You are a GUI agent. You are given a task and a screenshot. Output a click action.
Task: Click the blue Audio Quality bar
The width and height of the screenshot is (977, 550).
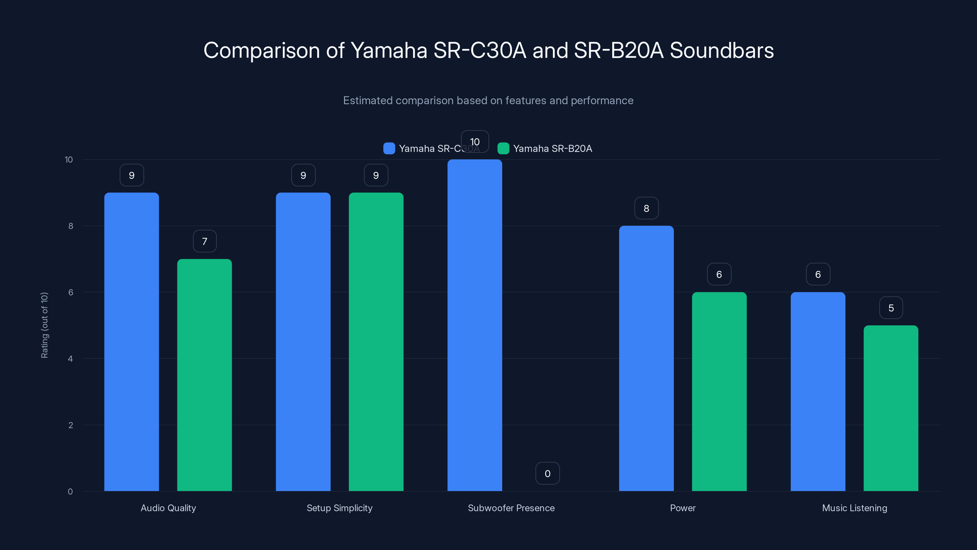tap(132, 342)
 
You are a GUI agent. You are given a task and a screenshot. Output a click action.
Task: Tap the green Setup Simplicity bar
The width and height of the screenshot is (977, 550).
tap(376, 342)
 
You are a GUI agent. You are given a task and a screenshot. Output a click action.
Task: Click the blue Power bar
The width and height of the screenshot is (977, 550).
tap(646, 358)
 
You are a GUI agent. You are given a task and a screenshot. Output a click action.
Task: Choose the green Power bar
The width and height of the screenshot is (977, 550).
tap(719, 391)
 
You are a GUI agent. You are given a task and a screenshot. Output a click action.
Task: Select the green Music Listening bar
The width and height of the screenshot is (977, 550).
tap(891, 408)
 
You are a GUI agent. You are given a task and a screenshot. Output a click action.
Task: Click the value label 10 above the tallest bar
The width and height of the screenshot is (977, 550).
tap(475, 141)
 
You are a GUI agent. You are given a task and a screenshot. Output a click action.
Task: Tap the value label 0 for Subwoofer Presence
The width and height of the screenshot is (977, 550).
tap(547, 473)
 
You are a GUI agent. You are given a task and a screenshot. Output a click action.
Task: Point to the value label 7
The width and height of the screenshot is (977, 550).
tap(205, 241)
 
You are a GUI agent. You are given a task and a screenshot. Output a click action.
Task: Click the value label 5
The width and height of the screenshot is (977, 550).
tap(891, 308)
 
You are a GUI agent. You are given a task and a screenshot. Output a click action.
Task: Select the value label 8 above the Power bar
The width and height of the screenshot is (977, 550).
tap(646, 208)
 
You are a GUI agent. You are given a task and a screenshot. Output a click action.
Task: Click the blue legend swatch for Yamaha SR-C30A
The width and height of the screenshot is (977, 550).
tap(389, 148)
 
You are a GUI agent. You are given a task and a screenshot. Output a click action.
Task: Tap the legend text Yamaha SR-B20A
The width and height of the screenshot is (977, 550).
tap(552, 148)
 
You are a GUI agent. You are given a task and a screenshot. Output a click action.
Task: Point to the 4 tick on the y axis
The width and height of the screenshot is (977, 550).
tap(70, 359)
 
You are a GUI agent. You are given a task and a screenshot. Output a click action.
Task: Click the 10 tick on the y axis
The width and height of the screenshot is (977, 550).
tap(69, 159)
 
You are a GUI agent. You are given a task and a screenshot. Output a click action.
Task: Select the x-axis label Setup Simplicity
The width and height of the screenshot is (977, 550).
tap(340, 508)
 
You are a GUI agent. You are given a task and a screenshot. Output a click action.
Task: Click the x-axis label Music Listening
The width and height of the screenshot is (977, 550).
tap(855, 508)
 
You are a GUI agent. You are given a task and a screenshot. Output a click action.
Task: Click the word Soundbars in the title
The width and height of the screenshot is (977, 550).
tap(721, 50)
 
